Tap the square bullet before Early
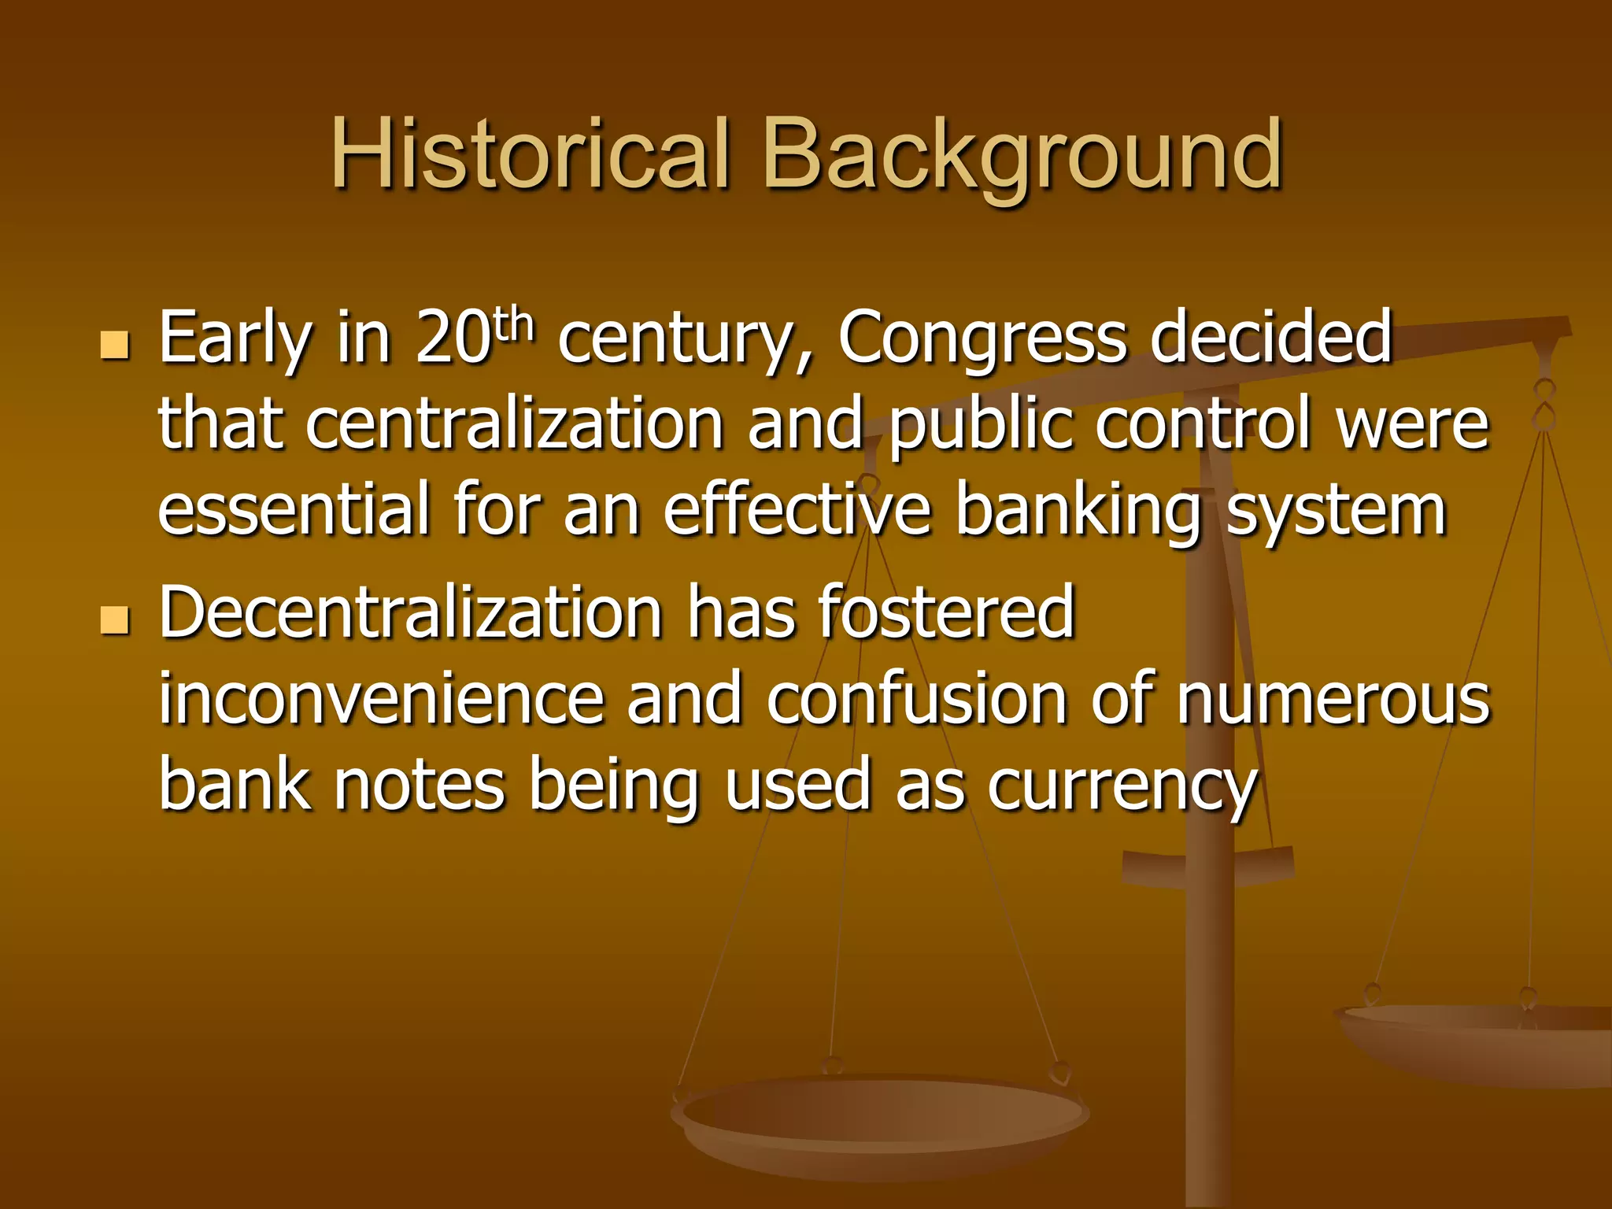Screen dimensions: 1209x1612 coord(115,345)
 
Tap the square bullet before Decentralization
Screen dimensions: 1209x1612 coord(115,619)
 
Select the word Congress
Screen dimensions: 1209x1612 coord(982,338)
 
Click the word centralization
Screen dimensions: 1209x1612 coord(514,425)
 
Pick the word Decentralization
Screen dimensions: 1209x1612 coord(410,613)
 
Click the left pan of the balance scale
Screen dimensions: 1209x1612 coord(880,1118)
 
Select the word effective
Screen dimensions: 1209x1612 coord(797,510)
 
